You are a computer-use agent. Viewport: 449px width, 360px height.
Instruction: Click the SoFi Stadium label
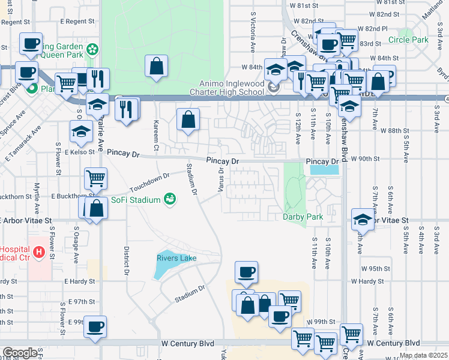(x=136, y=200)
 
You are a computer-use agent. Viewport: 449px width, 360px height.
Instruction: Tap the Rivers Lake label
(x=176, y=258)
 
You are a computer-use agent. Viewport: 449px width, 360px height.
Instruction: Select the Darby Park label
(x=303, y=217)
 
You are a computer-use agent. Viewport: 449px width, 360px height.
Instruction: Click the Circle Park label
(x=408, y=40)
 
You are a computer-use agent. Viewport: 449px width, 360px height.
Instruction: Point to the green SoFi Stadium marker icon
(x=170, y=199)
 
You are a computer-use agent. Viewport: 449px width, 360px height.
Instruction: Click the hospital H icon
(x=40, y=251)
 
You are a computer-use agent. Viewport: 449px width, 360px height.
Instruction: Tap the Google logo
(x=20, y=353)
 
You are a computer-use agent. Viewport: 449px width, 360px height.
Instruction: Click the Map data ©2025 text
(x=423, y=355)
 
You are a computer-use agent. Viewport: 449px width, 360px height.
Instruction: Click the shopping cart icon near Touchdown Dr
(x=96, y=178)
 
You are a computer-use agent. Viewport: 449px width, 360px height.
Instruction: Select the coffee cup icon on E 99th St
(x=95, y=328)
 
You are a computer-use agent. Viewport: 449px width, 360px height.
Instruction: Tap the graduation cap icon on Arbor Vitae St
(x=363, y=220)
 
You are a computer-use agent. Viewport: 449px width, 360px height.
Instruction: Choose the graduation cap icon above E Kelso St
(x=81, y=131)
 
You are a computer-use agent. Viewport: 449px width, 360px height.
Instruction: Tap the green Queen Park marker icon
(x=92, y=49)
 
